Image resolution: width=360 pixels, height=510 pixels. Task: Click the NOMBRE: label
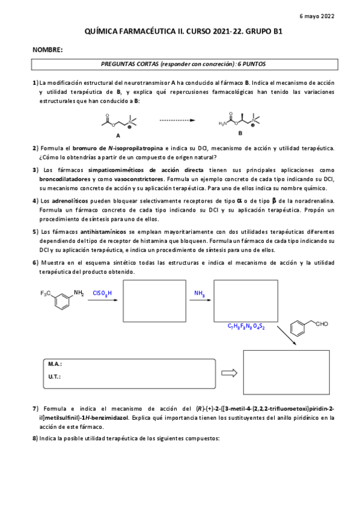coord(47,49)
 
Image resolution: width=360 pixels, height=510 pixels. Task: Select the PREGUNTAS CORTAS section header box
coord(183,63)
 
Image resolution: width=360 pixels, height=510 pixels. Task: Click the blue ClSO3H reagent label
coord(102,293)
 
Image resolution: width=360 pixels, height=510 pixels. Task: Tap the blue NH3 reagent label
coord(199,293)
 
